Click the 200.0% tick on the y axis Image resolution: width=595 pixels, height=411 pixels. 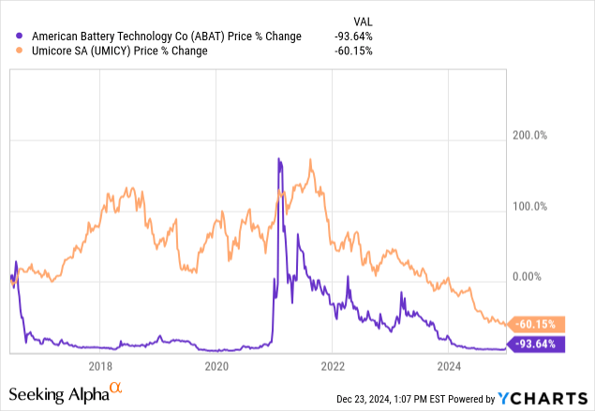528,136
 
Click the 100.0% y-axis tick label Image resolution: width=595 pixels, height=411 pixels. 528,206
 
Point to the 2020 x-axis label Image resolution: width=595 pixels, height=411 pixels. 216,365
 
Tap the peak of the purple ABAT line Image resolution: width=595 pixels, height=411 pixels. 279,160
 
